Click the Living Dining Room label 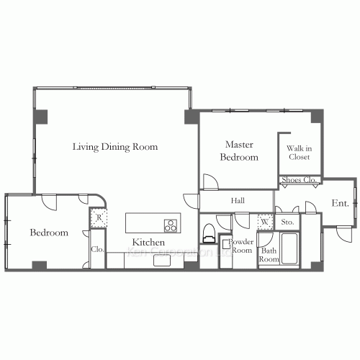115,147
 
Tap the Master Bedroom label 238,151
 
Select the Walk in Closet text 299,152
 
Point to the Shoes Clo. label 299,180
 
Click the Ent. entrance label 340,204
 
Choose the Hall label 238,201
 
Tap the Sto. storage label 287,222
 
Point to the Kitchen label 148,243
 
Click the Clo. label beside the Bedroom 96,250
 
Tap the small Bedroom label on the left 49,233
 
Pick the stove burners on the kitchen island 171,224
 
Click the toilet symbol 209,233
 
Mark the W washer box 264,222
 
